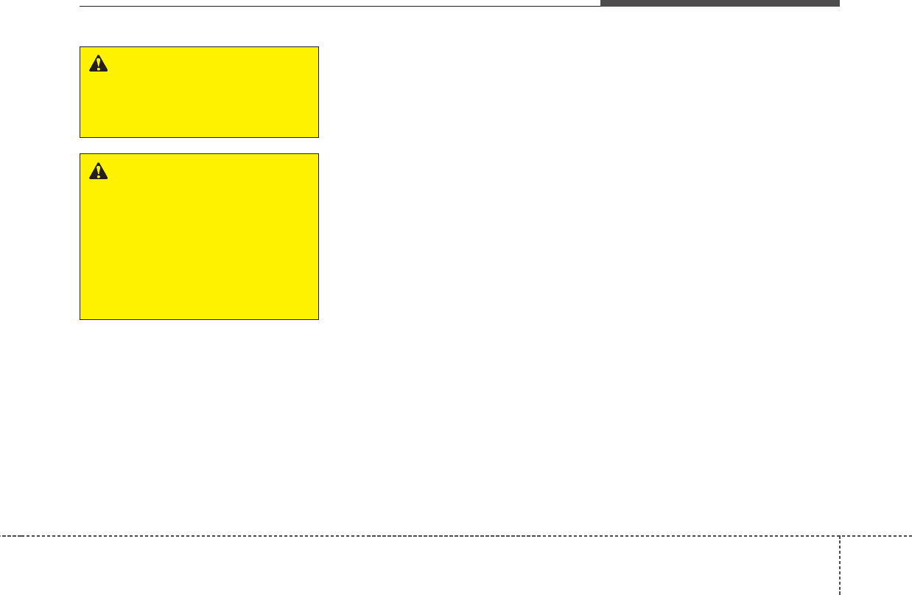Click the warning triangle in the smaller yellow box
(98, 64)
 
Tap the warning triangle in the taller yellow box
(98, 171)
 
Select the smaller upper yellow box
(199, 92)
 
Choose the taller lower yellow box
(199, 237)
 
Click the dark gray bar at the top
(720, 3)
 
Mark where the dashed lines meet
(839, 535)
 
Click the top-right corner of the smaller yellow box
(318, 47)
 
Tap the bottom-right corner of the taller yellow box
(318, 319)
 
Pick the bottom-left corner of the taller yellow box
(80, 319)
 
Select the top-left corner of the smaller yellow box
(80, 47)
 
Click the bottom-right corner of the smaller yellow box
(318, 137)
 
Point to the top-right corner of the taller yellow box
(318, 154)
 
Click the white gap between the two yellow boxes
(199, 146)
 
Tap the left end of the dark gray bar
(601, 3)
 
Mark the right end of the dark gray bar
(839, 3)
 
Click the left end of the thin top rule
(80, 7)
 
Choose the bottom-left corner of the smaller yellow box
(80, 137)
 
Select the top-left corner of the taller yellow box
(80, 154)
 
